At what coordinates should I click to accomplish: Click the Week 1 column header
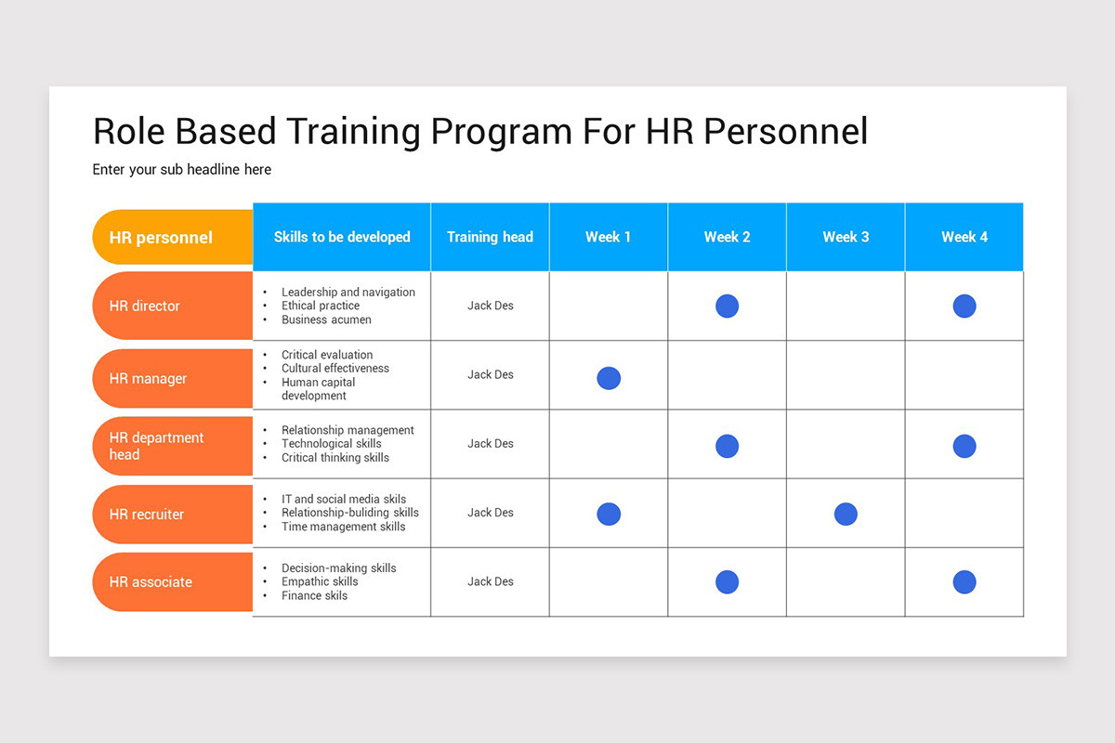click(608, 237)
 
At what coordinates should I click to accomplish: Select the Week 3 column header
click(846, 237)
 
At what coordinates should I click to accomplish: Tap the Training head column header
click(490, 237)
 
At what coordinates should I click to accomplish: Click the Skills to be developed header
click(342, 237)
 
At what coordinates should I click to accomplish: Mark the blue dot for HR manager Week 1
click(609, 378)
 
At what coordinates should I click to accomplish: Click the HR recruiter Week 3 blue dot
click(846, 514)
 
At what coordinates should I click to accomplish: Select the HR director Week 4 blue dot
click(964, 306)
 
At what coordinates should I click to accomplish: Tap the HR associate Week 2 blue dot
click(727, 582)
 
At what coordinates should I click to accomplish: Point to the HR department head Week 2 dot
click(727, 446)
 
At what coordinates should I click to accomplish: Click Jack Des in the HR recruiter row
click(490, 513)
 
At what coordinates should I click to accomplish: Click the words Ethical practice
click(321, 306)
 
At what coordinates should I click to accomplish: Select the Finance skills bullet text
click(314, 595)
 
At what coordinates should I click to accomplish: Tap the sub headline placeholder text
click(182, 170)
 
